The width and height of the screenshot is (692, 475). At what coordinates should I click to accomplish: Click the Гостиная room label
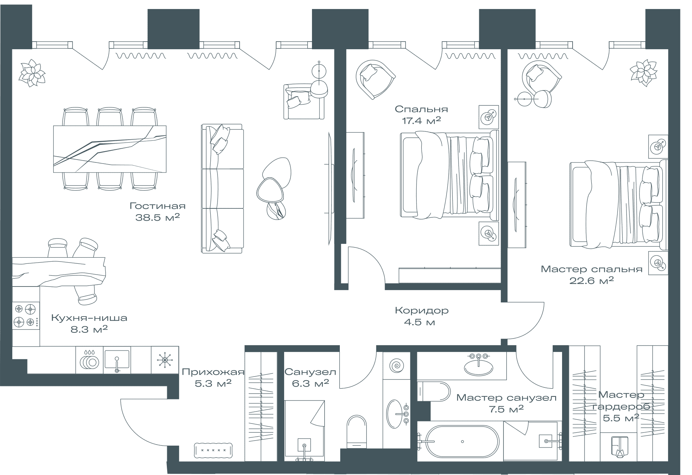tap(157, 206)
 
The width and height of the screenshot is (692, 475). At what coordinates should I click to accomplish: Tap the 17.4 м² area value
tap(421, 120)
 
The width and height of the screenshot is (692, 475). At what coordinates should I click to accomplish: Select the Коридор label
tap(422, 310)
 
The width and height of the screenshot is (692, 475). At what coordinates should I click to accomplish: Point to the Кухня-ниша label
tap(89, 318)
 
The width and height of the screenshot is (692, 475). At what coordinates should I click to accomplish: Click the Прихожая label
tap(213, 372)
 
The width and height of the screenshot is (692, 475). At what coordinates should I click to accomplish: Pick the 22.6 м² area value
tap(591, 281)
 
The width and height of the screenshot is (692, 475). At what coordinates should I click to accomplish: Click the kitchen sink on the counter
tap(117, 360)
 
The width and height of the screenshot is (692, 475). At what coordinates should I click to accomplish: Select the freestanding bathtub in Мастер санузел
tap(462, 442)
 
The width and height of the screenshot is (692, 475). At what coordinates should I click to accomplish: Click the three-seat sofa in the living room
tap(222, 188)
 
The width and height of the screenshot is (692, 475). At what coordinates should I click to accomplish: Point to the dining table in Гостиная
tap(110, 149)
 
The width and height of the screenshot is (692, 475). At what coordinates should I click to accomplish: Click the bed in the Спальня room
tap(449, 175)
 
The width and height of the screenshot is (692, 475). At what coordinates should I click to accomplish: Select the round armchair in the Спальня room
tap(375, 79)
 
